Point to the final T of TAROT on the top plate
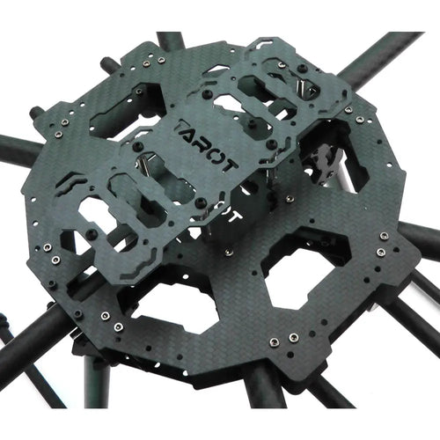(229, 165)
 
